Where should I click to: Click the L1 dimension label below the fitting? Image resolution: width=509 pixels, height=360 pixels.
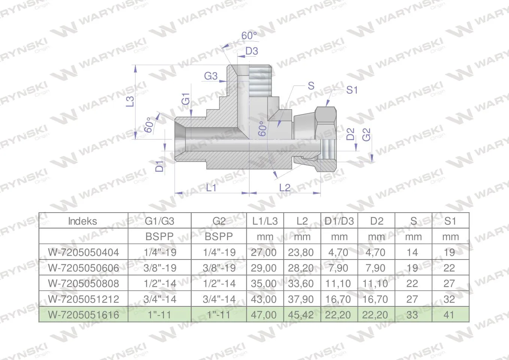coord(211,187)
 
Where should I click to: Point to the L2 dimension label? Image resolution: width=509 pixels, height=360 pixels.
coord(285,187)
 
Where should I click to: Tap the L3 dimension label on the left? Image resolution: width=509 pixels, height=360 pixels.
coord(130,101)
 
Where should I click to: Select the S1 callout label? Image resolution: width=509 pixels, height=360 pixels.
coord(352,90)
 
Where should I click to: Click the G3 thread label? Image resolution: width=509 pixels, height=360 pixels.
coord(211,76)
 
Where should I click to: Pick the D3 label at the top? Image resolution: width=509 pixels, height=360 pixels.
coord(252,51)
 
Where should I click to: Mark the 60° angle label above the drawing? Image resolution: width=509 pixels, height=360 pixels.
coord(249,36)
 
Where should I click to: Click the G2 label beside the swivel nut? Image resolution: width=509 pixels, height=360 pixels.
coord(366,135)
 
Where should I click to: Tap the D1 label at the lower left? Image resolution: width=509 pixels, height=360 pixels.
coord(159,166)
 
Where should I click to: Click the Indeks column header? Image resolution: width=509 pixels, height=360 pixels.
coord(83,221)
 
